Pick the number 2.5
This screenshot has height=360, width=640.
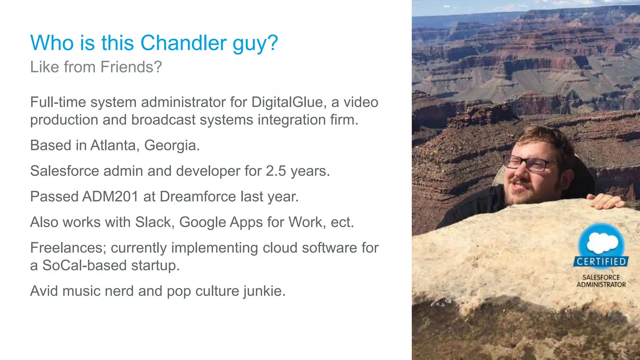click(x=276, y=171)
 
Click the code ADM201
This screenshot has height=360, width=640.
click(x=110, y=197)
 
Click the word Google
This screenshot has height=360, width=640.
click(x=202, y=222)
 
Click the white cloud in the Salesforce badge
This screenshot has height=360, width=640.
click(x=602, y=242)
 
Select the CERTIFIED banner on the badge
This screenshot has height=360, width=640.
click(x=601, y=262)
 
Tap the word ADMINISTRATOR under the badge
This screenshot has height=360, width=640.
click(x=601, y=285)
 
